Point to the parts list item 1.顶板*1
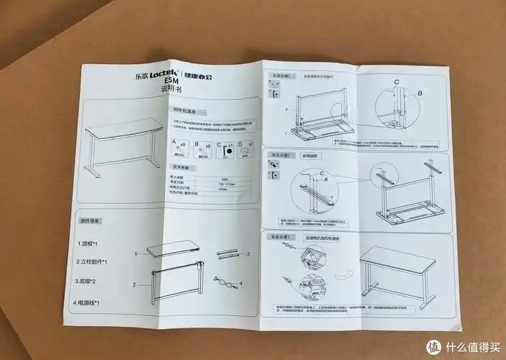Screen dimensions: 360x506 tap(93, 243)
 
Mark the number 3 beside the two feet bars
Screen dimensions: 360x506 tap(248, 254)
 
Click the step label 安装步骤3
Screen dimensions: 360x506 tap(280, 236)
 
